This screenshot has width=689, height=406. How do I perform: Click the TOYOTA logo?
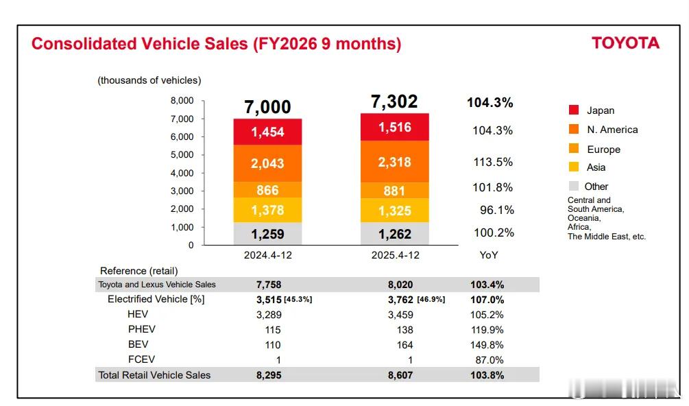coord(625,43)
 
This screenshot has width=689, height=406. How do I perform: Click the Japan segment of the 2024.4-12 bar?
coord(267,132)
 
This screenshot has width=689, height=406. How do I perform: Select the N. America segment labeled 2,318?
coord(395,162)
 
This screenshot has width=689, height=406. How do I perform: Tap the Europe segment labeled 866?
coord(267,191)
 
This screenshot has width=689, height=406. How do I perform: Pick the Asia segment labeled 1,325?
coord(395,211)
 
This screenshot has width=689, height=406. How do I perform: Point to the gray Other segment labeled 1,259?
coord(267,235)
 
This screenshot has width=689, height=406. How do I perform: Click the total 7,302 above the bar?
coord(394,101)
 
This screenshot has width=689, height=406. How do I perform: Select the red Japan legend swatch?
coord(574,110)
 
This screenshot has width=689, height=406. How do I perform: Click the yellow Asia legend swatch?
coord(574,167)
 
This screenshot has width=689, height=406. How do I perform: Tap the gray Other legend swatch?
coord(574,187)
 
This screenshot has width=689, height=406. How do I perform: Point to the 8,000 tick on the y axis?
coord(182,101)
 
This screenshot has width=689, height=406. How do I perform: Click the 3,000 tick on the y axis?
coord(182,191)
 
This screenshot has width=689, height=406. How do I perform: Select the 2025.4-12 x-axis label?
coord(395,255)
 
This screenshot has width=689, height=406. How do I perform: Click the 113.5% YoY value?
coord(493,163)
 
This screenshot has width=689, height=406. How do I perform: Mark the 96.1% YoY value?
coord(496,210)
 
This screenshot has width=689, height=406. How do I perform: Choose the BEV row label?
coord(138,344)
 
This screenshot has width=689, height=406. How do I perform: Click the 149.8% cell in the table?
coord(487,345)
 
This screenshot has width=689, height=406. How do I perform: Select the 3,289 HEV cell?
coord(269,315)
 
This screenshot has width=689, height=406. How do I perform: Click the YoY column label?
coord(489,255)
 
